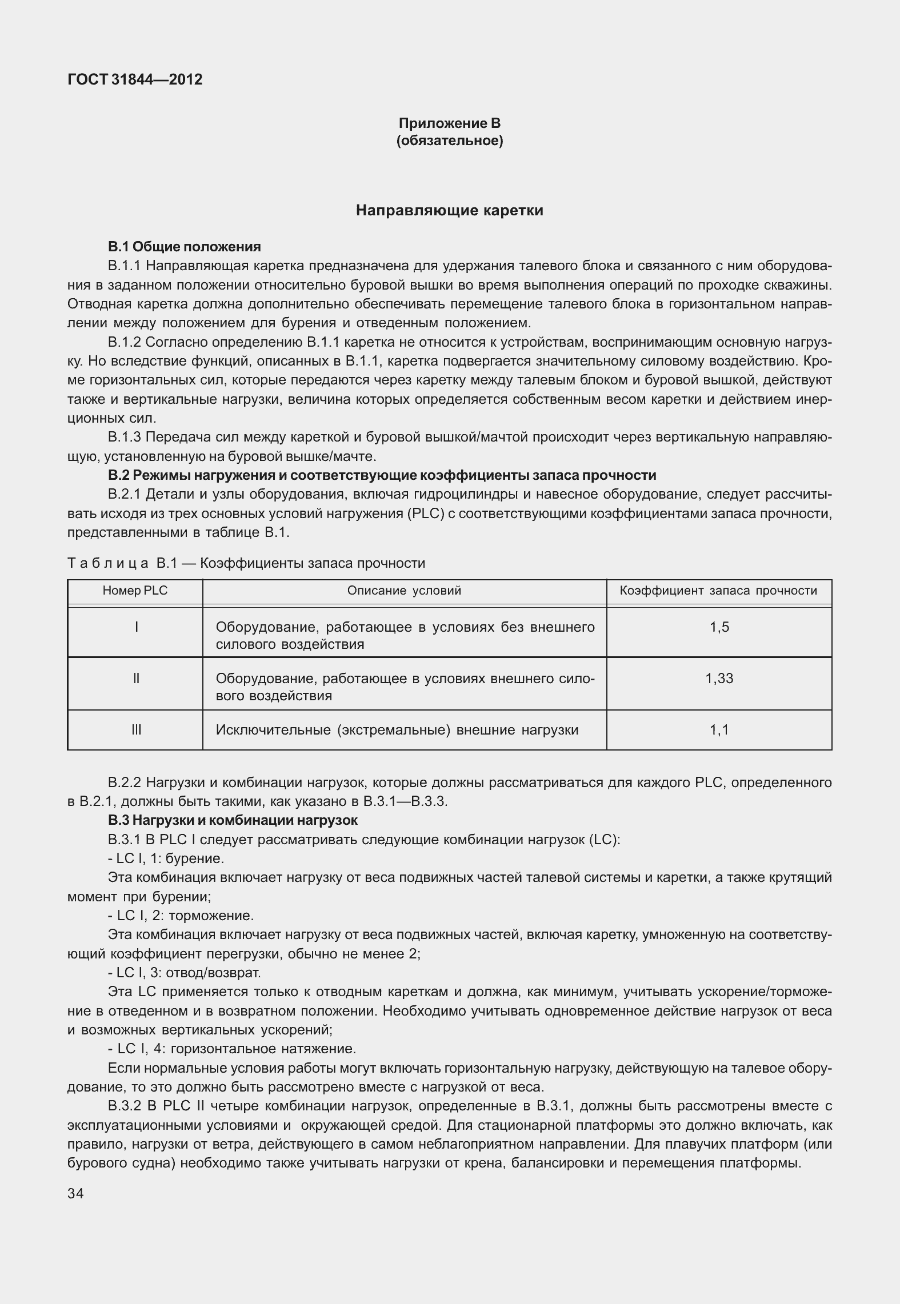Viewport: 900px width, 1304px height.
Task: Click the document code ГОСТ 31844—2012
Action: [x=135, y=79]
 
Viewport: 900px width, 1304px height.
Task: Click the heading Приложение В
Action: [x=450, y=123]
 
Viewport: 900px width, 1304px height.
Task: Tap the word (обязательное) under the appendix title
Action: [x=450, y=141]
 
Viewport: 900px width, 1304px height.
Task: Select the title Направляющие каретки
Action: [x=450, y=211]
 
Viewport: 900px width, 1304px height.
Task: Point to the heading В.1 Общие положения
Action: [x=184, y=247]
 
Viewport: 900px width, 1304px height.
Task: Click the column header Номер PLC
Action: [x=135, y=591]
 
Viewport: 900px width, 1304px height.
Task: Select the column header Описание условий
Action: [x=404, y=591]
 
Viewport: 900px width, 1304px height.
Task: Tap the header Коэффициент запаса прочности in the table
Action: [x=718, y=591]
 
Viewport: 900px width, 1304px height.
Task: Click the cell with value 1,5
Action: [x=719, y=627]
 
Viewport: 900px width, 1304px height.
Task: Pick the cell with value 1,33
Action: [x=719, y=679]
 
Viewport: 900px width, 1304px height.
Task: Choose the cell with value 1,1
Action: [x=719, y=730]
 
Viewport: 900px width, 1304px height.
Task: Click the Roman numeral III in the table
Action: [x=135, y=730]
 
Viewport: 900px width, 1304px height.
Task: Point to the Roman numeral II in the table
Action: [x=135, y=679]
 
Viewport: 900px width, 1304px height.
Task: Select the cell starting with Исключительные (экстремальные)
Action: [x=397, y=730]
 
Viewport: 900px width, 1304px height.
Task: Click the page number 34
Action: [x=75, y=1194]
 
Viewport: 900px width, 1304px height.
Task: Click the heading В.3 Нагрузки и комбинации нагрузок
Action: [x=233, y=820]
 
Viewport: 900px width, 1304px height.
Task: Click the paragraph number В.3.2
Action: [x=126, y=1106]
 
